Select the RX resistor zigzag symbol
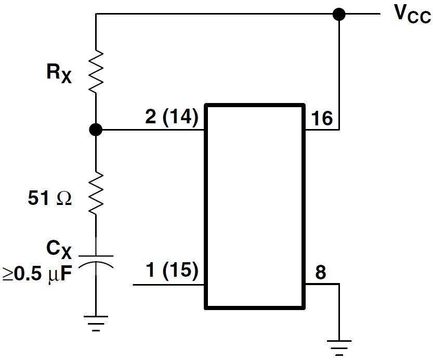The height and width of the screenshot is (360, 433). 96,72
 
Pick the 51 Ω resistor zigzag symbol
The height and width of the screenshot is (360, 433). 96,193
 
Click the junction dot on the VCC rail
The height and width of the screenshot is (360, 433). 339,15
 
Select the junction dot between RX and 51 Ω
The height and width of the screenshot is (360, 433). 96,130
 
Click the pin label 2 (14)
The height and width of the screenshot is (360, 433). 171,117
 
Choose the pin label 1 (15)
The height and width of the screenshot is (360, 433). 171,271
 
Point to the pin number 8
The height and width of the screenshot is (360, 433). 321,273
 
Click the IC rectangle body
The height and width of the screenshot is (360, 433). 254,206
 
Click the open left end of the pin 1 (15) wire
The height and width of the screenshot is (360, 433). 135,285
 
